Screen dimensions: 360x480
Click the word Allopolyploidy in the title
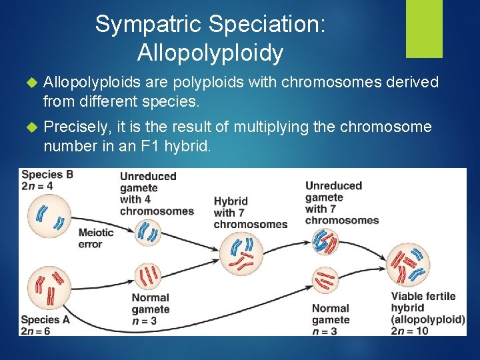point(210,52)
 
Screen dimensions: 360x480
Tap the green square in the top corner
point(425,28)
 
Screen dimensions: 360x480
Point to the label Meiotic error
point(96,238)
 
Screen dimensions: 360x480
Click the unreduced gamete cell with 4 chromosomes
point(149,233)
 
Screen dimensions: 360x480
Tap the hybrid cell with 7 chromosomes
point(240,253)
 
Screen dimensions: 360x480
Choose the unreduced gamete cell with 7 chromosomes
point(327,241)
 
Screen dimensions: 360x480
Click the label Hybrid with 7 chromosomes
point(250,213)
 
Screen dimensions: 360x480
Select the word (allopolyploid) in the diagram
point(428,319)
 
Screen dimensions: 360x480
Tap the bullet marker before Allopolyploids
point(29,82)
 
